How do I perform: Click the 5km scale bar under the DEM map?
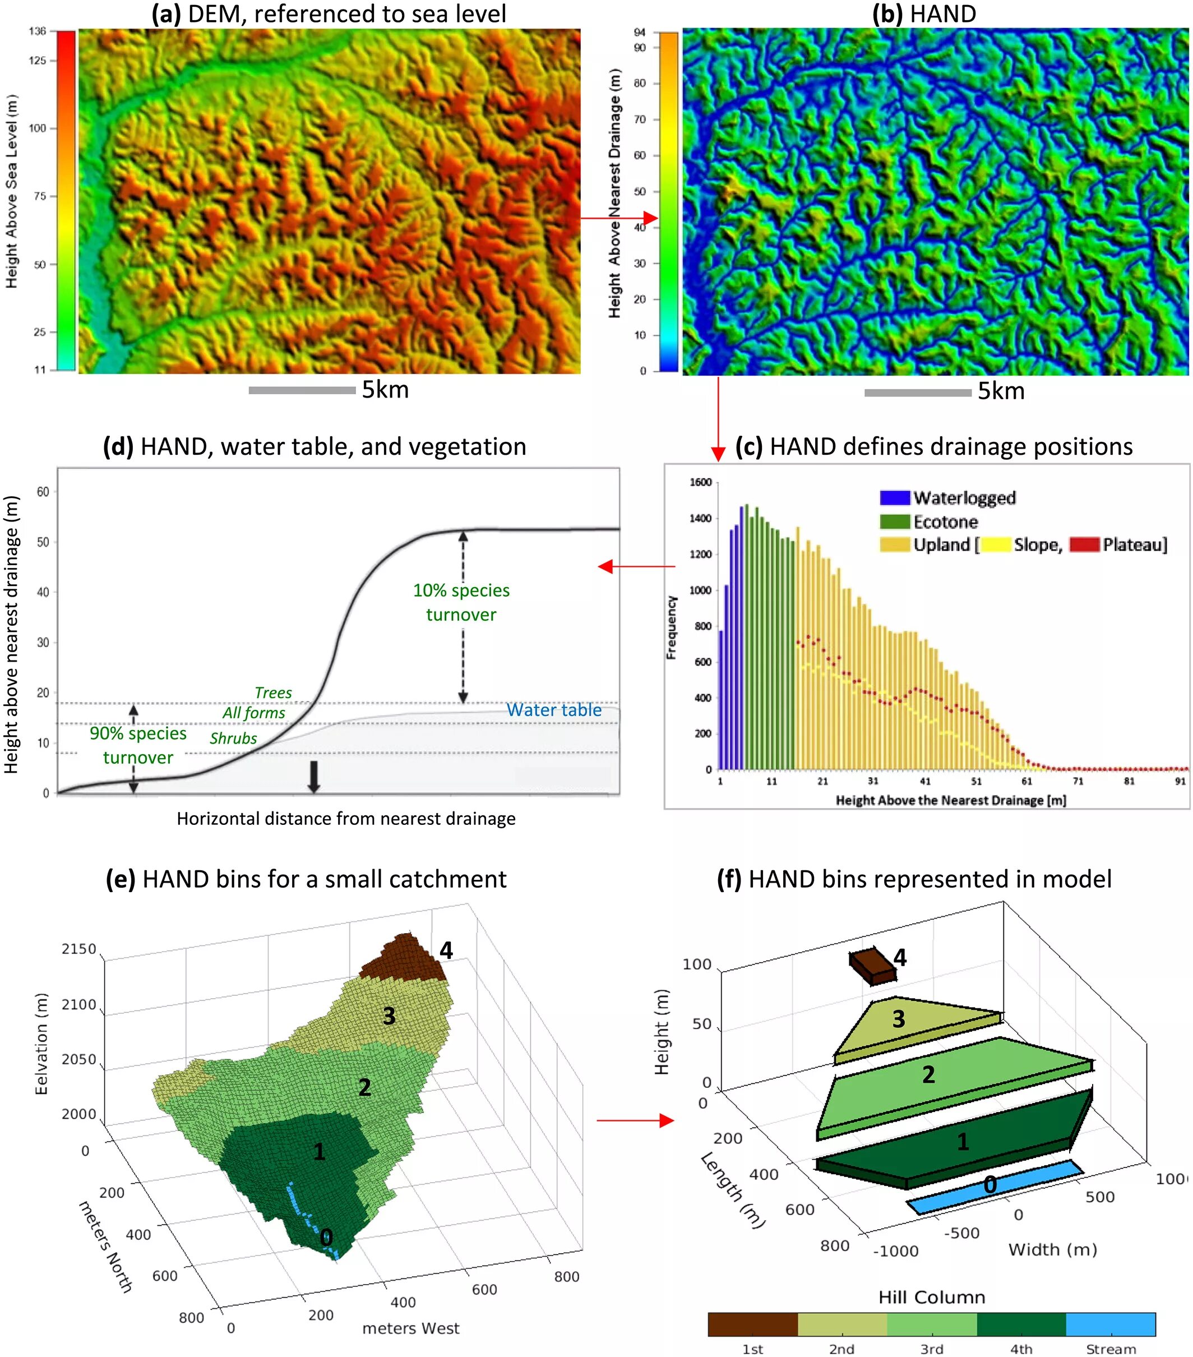click(x=302, y=390)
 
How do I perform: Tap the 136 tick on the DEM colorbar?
click(x=38, y=31)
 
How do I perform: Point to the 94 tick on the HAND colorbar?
click(x=639, y=32)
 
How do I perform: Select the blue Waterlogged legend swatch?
click(x=894, y=498)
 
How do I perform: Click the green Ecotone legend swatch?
click(x=894, y=521)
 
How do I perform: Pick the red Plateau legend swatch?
click(x=1084, y=545)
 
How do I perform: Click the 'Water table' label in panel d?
click(x=554, y=710)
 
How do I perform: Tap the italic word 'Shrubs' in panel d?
click(x=233, y=738)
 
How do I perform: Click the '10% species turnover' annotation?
click(x=461, y=602)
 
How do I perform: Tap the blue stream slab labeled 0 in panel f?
click(x=994, y=1186)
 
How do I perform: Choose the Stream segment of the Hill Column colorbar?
click(x=1110, y=1324)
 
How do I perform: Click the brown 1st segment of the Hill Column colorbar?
click(x=752, y=1324)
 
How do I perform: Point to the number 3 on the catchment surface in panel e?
click(x=389, y=1016)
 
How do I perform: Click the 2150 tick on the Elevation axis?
click(x=80, y=949)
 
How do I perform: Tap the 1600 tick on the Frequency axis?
click(x=700, y=482)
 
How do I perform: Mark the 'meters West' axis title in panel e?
click(x=410, y=1328)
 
